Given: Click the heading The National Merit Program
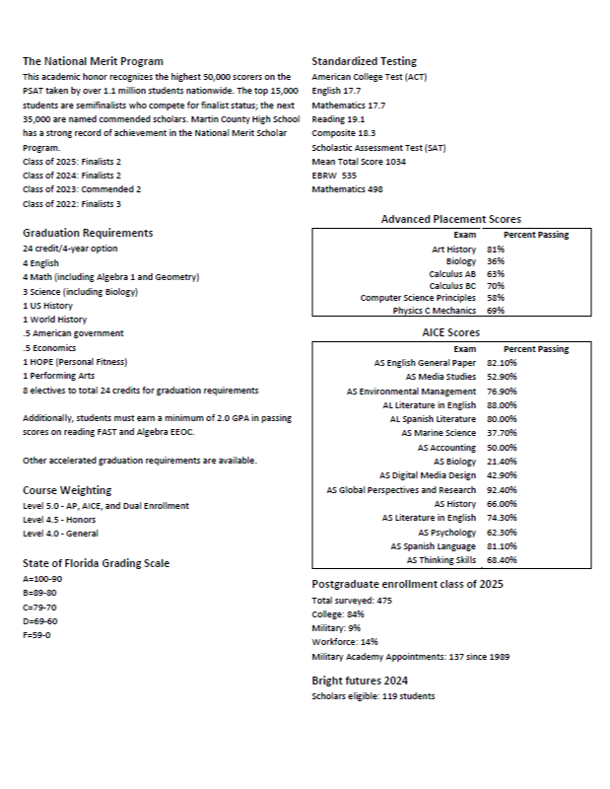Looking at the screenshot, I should point(93,61).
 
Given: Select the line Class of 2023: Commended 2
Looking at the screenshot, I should point(82,188).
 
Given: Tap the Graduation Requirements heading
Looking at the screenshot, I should point(88,233).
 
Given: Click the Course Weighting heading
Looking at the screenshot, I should point(67,490).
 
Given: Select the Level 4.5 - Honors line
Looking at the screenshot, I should point(60,519).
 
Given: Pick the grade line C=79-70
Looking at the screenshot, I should point(40,608).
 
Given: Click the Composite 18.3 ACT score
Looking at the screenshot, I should point(344,132).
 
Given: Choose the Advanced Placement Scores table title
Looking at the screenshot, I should point(451,219).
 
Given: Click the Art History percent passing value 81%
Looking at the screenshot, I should point(496,250).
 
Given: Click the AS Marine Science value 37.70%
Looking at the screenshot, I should point(503,432).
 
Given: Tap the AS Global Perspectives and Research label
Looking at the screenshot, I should point(401,489).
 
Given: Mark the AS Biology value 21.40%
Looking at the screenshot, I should point(503,461).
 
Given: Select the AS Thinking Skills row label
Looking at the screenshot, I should point(441,560).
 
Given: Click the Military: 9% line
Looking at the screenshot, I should point(336,627).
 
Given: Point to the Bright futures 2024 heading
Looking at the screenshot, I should point(360,681).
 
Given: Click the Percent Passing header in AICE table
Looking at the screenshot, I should point(536,349).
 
